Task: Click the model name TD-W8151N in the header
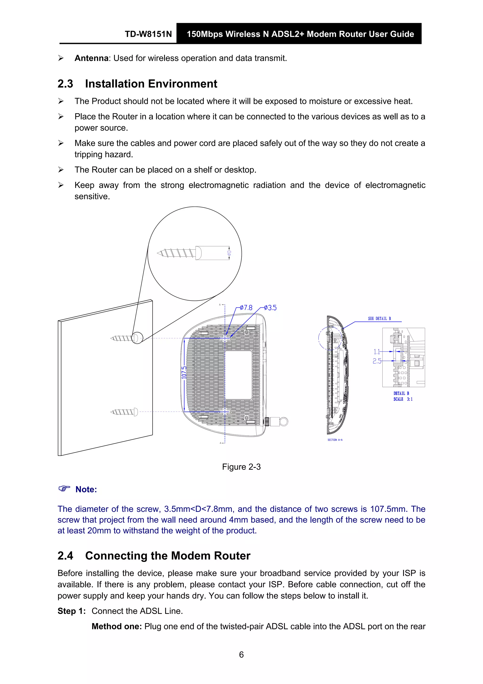[148, 34]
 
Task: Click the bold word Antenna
[91, 58]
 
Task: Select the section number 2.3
[65, 84]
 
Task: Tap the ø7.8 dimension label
[246, 307]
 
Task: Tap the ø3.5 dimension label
[270, 308]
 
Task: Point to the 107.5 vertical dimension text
[184, 372]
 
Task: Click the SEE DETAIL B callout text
[379, 319]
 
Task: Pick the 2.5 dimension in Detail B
[377, 361]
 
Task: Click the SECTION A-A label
[335, 440]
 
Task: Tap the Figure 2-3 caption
[241, 467]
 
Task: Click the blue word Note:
[86, 489]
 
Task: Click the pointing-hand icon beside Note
[64, 489]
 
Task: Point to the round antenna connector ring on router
[284, 421]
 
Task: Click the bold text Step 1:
[71, 611]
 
